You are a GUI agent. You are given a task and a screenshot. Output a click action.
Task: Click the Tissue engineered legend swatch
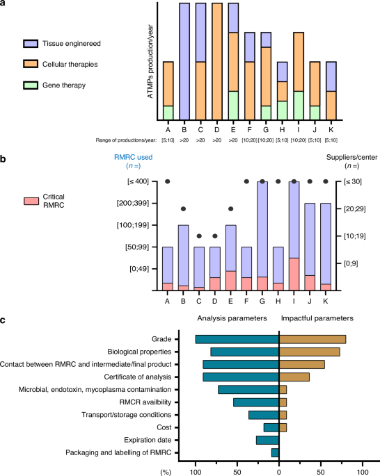click(x=31, y=44)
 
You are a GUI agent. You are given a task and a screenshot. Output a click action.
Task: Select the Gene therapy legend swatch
click(x=31, y=85)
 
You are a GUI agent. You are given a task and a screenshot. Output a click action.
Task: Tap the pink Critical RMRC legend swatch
click(x=31, y=201)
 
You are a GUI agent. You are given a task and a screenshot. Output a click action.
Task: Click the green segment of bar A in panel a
click(x=168, y=113)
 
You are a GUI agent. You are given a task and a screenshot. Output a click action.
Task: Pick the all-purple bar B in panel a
click(x=184, y=62)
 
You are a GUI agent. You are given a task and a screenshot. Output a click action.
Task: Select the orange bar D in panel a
click(x=217, y=62)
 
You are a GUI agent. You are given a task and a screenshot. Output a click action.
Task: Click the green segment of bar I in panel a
click(x=299, y=106)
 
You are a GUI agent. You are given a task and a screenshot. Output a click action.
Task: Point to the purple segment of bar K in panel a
click(x=331, y=76)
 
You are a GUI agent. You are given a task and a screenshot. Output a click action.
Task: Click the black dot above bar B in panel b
click(x=183, y=209)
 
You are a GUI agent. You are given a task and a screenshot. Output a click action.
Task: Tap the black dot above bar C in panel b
click(x=199, y=236)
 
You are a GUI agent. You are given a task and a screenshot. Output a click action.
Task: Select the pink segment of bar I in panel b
click(x=294, y=274)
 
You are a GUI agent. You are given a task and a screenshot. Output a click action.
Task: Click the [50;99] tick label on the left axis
click(x=137, y=247)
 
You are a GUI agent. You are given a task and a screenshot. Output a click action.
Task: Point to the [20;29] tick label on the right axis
click(x=354, y=209)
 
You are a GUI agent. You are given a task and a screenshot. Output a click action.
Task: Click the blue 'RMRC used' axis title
click(x=133, y=157)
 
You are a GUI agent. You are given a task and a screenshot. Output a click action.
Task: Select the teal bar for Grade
click(x=237, y=339)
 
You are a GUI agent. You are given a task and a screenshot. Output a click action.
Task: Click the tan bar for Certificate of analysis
click(x=294, y=377)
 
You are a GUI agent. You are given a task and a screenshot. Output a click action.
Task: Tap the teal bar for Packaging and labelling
click(x=275, y=452)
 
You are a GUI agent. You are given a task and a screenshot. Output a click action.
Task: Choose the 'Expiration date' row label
click(x=148, y=440)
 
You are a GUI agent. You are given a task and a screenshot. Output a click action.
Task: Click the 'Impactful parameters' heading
click(x=317, y=318)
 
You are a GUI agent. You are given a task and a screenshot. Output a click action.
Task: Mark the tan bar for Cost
click(x=283, y=427)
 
